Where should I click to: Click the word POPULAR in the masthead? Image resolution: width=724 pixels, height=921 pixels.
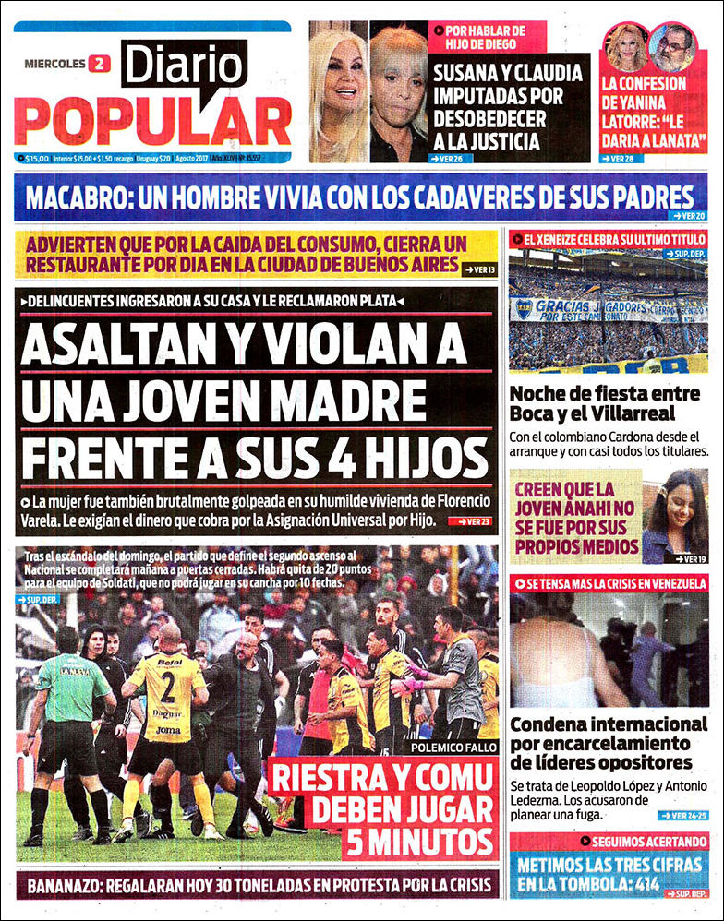(152, 121)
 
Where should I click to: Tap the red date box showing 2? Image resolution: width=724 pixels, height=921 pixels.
(99, 64)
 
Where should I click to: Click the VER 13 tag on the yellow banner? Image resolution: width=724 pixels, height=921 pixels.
(478, 269)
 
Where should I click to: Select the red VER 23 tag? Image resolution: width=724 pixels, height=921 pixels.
(470, 521)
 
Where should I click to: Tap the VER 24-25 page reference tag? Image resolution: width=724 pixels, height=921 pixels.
(683, 816)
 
